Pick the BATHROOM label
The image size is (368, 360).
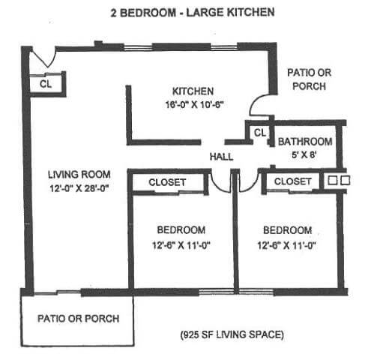305,142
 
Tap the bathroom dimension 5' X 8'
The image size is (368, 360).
304,154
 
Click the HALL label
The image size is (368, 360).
222,157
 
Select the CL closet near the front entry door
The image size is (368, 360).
46,84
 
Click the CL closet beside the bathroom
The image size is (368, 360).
260,133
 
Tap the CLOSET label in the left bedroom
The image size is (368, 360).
167,182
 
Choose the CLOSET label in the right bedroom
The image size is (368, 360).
292,181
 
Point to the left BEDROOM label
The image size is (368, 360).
181,229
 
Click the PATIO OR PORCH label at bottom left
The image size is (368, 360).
78,318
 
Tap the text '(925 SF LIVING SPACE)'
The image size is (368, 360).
231,333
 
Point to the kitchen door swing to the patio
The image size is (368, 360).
259,104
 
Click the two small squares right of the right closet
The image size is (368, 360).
339,181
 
